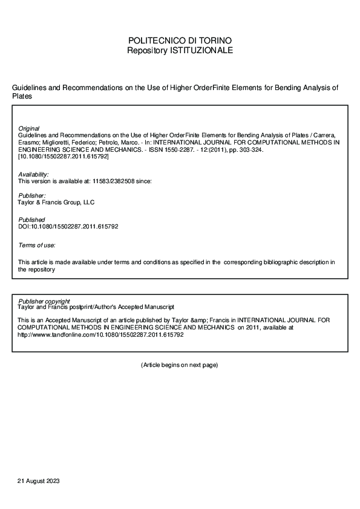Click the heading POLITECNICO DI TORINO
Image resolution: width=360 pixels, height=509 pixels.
pos(180,41)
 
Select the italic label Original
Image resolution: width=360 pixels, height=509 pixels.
pos(29,129)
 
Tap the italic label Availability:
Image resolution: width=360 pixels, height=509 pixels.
pos(34,174)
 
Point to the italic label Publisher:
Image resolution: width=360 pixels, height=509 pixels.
pos(32,196)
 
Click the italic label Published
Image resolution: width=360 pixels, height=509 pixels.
pos(31,220)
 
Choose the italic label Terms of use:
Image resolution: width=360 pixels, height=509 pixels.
pos(37,245)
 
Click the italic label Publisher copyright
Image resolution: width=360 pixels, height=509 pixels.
pos(44,300)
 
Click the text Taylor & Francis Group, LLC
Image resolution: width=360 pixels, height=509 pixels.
pos(57,203)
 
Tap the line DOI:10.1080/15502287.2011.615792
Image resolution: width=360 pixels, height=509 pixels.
pos(68,226)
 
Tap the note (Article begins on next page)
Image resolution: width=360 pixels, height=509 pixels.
pos(179,365)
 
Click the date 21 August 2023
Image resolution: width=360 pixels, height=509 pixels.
pos(38,481)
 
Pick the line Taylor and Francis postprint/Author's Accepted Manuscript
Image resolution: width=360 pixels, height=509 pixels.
pos(96,307)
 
